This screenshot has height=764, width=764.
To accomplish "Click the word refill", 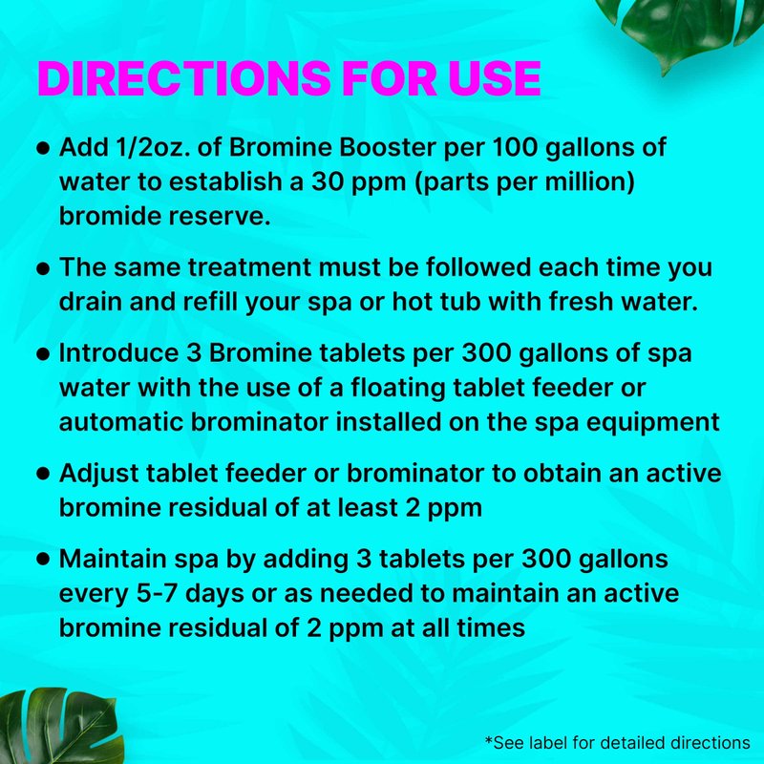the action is [210, 302].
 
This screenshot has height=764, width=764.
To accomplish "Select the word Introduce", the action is [118, 353].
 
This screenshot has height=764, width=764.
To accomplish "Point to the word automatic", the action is [120, 422].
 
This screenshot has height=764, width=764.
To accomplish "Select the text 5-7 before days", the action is [157, 593].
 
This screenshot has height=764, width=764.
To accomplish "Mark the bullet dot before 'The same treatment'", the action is [43, 268].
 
